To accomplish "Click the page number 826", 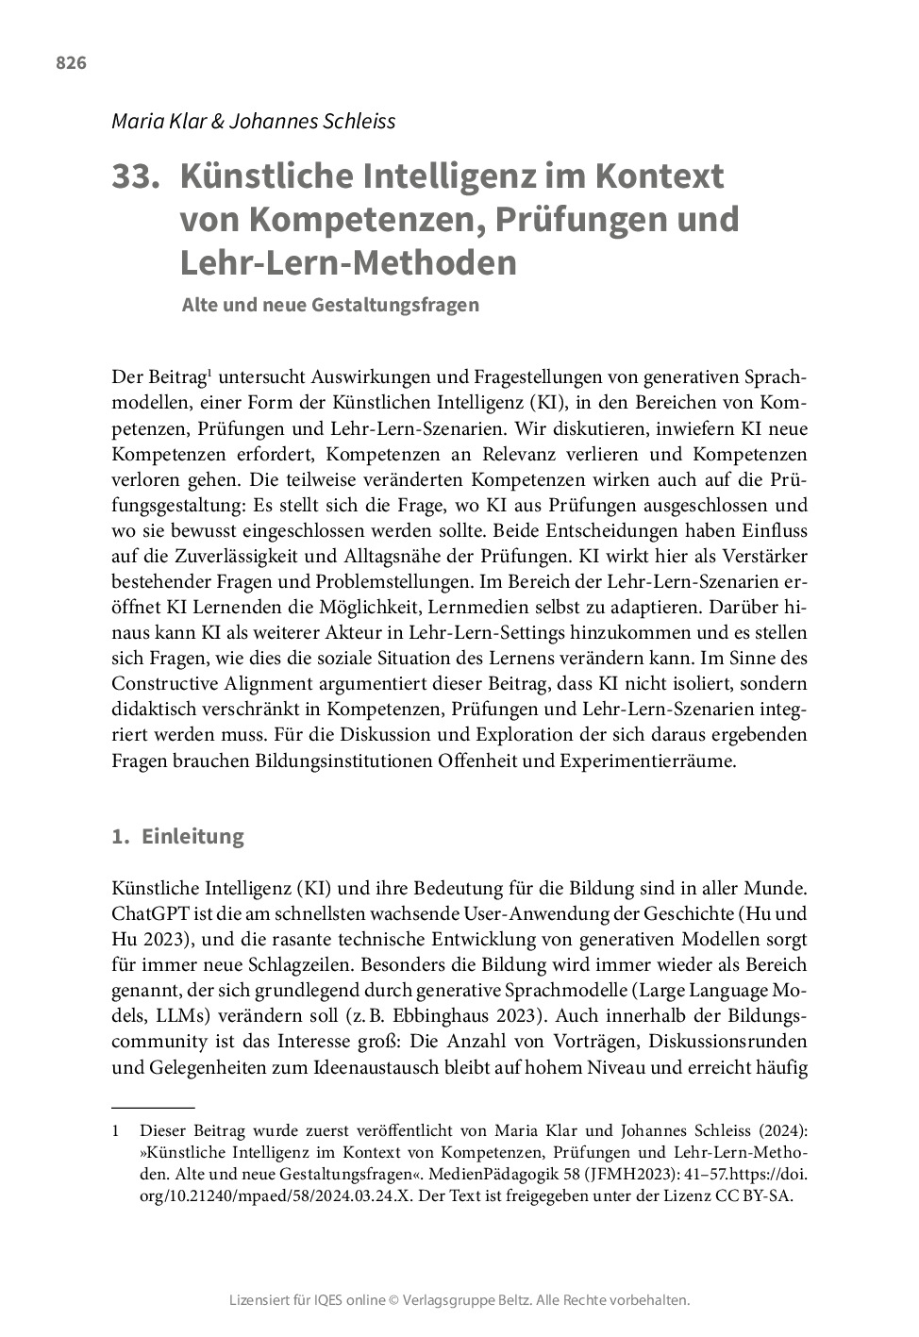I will (72, 63).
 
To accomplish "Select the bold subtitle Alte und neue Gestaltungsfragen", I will (330, 305).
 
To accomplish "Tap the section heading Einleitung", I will (192, 836).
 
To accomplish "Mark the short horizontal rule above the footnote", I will (153, 1106).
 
